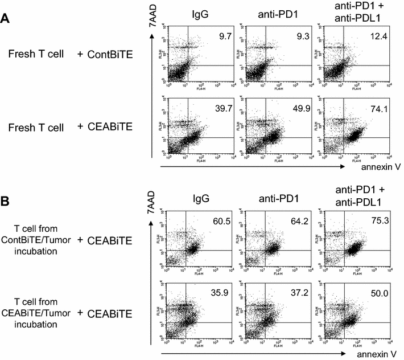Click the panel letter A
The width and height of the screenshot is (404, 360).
point(6,18)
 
